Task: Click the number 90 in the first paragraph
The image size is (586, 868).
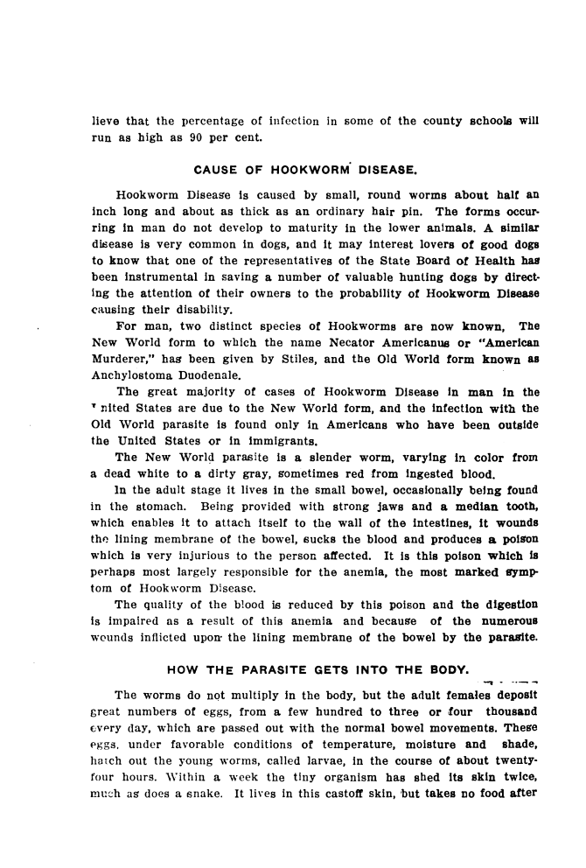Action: (205, 137)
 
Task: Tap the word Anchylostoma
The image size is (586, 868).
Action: (132, 333)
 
